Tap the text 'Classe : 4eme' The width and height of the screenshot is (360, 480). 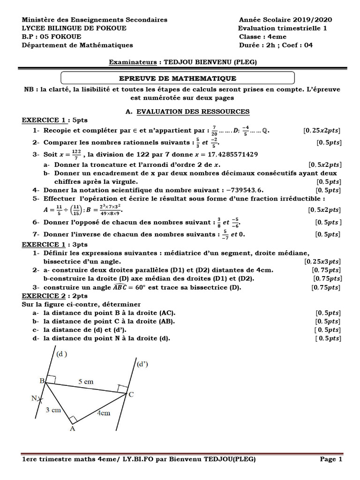click(x=262, y=37)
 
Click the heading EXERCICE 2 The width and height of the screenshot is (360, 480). click(x=42, y=296)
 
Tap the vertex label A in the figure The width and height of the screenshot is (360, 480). click(x=72, y=428)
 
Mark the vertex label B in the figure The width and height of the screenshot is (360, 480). click(x=42, y=382)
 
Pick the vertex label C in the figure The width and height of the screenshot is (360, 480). click(x=131, y=395)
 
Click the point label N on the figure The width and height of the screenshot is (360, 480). click(x=34, y=398)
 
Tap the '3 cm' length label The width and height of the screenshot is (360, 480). click(x=53, y=410)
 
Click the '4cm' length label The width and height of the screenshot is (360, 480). click(x=103, y=413)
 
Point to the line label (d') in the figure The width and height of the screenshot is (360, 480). click(x=142, y=364)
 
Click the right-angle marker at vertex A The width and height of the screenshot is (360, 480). click(x=73, y=419)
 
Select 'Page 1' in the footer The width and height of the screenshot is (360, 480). click(x=331, y=459)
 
